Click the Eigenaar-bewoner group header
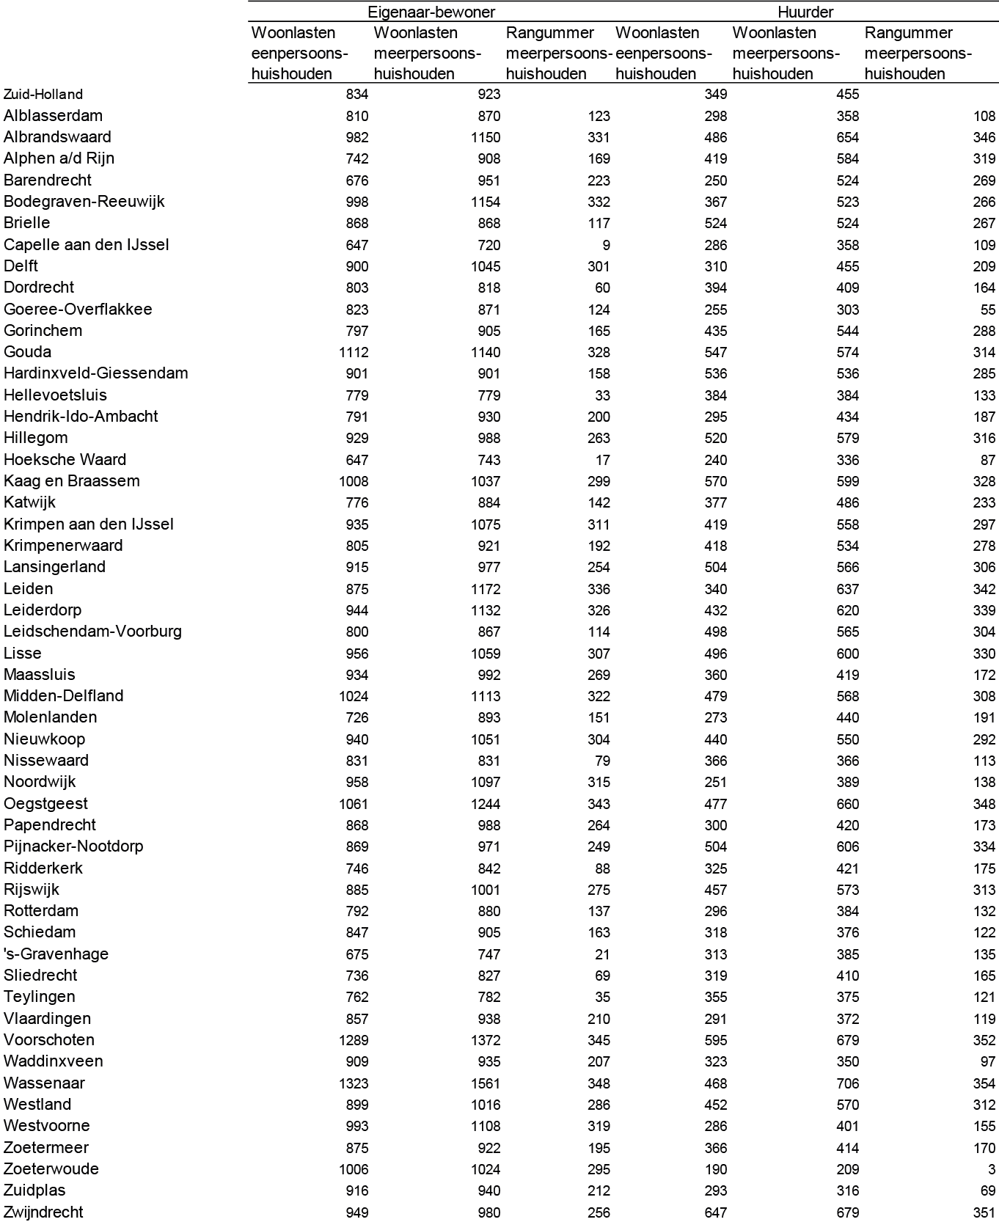click(431, 12)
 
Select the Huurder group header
click(805, 12)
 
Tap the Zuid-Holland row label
click(43, 94)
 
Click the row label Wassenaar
click(44, 1083)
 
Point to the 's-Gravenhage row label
click(56, 954)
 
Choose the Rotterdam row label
click(41, 911)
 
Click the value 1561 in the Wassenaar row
click(486, 1083)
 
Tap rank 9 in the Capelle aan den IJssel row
click(605, 245)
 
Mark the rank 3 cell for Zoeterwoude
click(992, 1169)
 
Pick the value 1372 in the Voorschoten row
click(486, 1040)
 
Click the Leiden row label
click(29, 588)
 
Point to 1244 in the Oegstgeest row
click(486, 804)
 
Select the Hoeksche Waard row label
click(65, 459)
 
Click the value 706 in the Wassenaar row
click(848, 1083)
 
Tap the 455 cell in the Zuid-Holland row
click(848, 94)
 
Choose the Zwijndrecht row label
click(43, 1212)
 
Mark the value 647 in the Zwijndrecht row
click(714, 1212)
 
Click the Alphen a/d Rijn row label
click(59, 158)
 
